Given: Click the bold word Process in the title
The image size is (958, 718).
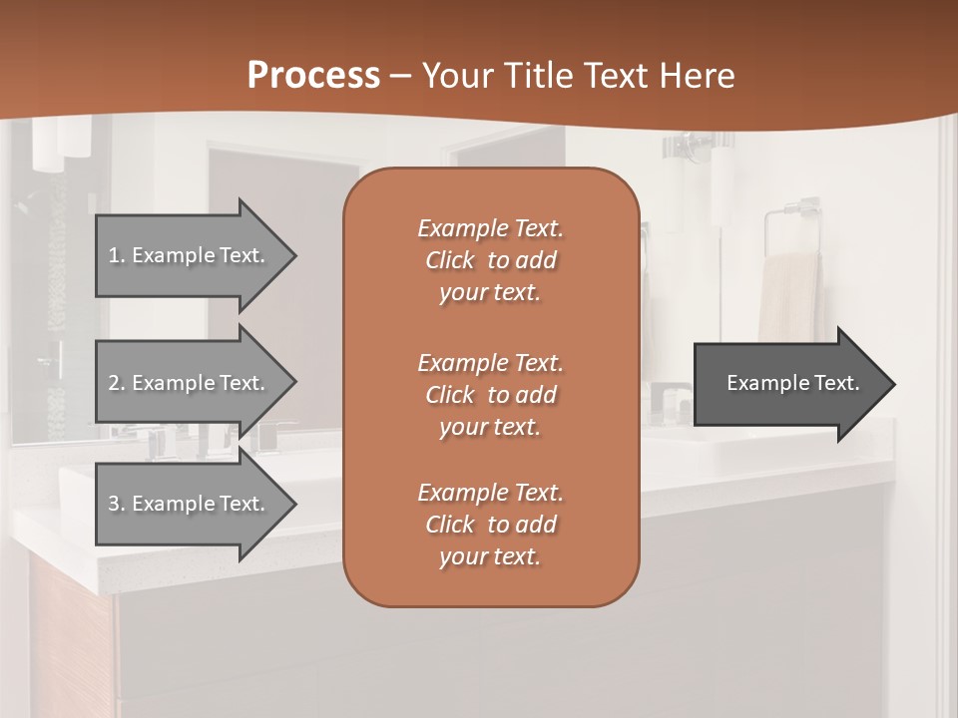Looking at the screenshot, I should click(x=313, y=76).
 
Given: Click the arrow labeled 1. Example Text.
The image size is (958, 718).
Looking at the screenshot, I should click(x=190, y=255).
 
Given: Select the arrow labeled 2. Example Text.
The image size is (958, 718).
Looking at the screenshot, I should click(x=190, y=383).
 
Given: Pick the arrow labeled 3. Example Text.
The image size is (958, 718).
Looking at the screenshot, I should click(x=190, y=504).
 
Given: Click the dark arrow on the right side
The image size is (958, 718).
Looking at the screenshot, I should click(x=788, y=384).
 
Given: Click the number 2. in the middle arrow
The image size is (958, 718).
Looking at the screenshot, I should click(x=117, y=383).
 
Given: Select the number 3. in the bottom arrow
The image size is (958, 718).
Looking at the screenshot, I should click(x=117, y=504).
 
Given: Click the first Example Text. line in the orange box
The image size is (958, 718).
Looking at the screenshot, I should click(x=490, y=228).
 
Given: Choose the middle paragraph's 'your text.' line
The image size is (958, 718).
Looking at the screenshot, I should click(x=490, y=427).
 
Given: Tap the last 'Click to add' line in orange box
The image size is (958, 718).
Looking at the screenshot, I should click(x=490, y=525).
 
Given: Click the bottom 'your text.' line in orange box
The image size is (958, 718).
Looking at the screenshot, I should click(x=490, y=557).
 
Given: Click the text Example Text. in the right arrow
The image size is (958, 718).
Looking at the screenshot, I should click(x=792, y=383).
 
